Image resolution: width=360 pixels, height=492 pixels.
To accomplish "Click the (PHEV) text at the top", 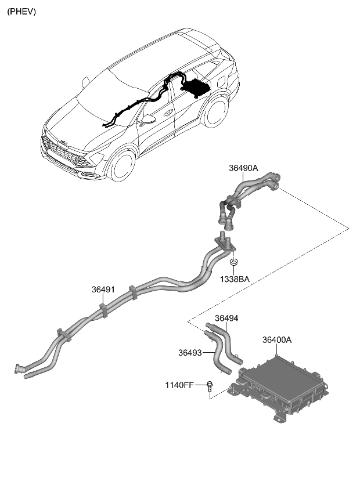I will [x=21, y=11].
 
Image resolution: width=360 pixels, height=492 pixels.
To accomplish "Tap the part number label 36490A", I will [x=243, y=169].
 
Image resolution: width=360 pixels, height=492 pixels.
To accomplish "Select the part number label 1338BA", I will [x=235, y=279].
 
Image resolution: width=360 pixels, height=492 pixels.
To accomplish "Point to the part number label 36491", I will [x=103, y=289].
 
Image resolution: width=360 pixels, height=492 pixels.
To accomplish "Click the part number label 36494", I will [x=226, y=318].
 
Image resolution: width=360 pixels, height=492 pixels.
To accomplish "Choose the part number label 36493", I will [x=190, y=352].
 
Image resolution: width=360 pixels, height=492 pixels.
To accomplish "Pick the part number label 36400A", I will [x=276, y=340].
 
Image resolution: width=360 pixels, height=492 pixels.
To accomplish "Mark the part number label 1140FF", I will [x=181, y=384].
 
